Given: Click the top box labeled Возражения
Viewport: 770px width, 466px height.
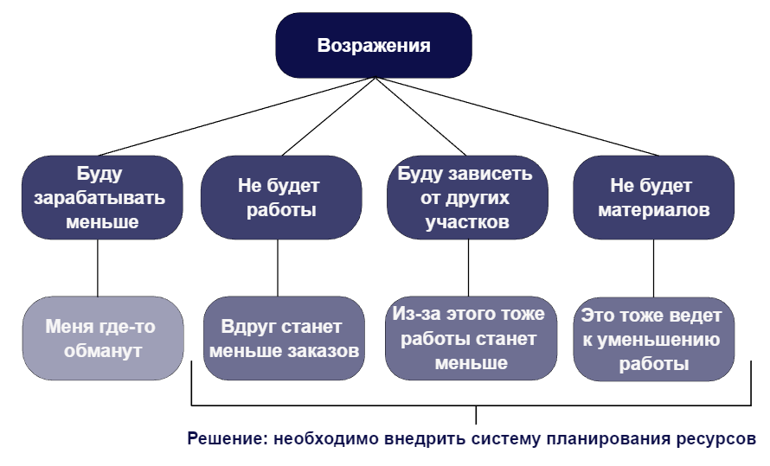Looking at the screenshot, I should pos(374,46).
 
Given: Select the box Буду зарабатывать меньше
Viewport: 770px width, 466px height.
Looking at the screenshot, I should pos(102,197).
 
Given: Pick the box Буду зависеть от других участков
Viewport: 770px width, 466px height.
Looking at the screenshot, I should pos(466,197).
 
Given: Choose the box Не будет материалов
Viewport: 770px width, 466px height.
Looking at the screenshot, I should pos(653,197).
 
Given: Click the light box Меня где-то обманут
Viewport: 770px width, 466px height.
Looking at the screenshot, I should pos(102,338).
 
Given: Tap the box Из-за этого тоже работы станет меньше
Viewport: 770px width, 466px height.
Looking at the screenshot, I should pos(466,338).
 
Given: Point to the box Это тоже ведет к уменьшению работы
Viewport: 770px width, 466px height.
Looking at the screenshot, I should pos(653,338).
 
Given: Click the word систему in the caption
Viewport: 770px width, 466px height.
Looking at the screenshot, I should pos(505,438).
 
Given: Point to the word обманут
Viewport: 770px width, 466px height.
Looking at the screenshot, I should pos(102,351).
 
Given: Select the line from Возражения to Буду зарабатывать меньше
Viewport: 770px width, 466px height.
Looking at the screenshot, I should pos(234,118).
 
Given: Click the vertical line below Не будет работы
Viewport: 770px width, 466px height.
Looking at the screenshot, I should pos(278,267).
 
